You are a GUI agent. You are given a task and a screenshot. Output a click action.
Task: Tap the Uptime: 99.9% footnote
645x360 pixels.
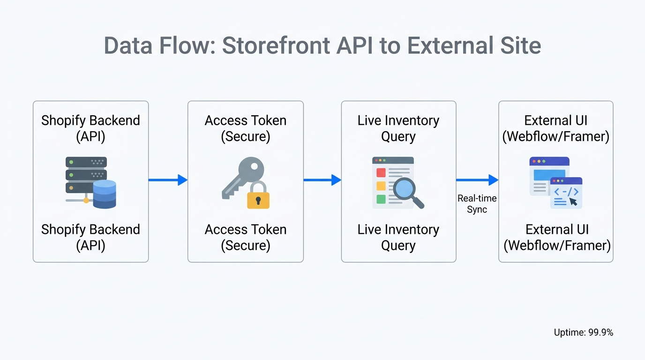point(583,332)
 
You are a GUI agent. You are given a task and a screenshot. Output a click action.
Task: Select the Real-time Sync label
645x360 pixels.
point(477,204)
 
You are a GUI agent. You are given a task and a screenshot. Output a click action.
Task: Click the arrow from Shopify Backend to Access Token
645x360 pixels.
point(168,180)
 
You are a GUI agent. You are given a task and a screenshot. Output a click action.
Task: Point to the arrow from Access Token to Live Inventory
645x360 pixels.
point(322,180)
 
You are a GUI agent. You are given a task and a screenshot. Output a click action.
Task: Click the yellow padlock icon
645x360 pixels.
point(258,196)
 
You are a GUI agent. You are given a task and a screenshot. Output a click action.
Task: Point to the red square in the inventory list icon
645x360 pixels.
point(381,172)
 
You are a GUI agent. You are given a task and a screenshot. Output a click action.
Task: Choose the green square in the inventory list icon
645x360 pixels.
point(381,199)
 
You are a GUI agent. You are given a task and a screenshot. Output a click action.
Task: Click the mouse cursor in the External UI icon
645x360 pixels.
point(573,202)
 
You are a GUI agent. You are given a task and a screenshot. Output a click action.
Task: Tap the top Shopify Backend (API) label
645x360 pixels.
point(90,128)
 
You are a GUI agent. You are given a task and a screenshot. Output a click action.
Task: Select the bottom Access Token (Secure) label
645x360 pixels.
point(246,238)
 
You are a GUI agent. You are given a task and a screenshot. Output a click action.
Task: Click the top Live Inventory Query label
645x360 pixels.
point(398,128)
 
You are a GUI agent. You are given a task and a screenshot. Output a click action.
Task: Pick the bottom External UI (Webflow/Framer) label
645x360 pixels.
point(557,238)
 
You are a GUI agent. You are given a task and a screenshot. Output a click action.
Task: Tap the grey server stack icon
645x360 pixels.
point(86,175)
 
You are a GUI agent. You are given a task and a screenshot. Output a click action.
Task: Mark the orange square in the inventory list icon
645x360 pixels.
point(381,186)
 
